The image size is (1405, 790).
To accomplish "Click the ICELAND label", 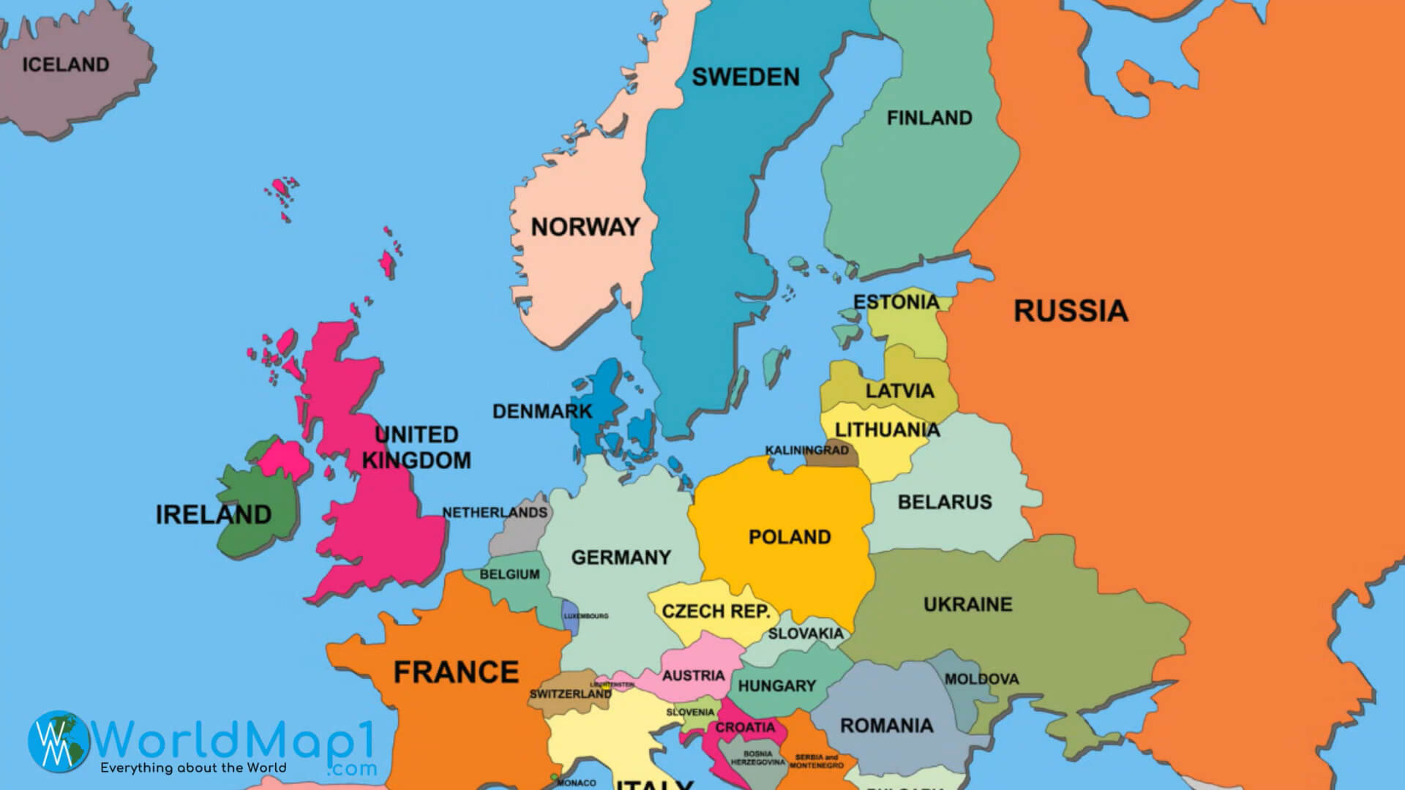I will (66, 64).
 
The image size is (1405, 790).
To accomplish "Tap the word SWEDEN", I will (745, 77).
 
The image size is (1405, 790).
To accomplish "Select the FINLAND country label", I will (929, 118).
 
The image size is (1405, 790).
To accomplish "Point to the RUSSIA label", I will (1070, 311).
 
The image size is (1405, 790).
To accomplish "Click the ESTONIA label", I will (896, 302).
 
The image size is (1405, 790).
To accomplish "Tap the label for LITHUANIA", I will (887, 430).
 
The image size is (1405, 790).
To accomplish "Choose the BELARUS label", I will (945, 502).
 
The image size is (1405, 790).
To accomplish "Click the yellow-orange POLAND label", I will (790, 537).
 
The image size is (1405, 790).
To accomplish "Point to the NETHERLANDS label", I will (495, 513).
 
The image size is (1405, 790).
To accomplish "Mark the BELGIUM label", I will (509, 574).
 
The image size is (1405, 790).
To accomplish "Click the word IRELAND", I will (213, 514).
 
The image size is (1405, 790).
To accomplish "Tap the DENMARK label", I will (542, 411).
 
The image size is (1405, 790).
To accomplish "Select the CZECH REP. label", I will (716, 612).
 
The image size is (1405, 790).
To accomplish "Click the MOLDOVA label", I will (981, 679).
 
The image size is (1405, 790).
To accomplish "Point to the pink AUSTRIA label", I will (693, 675).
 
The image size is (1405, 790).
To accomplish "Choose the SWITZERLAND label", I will (570, 693).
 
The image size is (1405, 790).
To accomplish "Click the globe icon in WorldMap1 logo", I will (59, 740).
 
